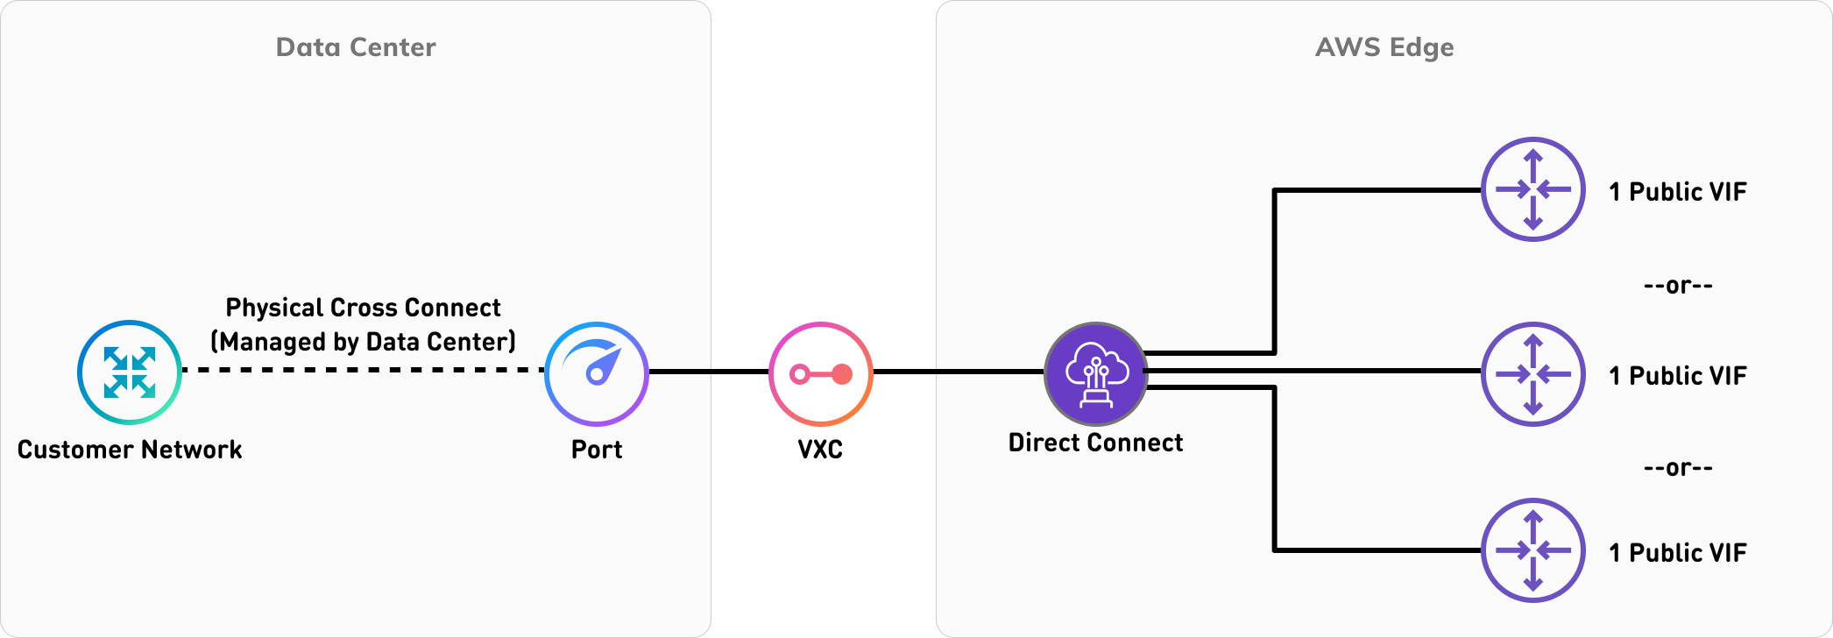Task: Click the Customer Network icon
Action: pos(130,372)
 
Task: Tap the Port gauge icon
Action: pos(597,374)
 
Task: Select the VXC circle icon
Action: pos(821,374)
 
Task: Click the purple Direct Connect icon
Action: pos(1096,374)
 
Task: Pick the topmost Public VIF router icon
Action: pos(1533,189)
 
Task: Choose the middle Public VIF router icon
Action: pos(1533,374)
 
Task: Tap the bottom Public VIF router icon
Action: pos(1533,550)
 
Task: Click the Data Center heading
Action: pos(356,47)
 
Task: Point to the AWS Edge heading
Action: pos(1384,47)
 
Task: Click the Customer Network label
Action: pos(130,450)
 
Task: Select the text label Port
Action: pos(597,450)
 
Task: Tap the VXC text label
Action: pos(820,450)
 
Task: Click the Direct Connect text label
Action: pos(1096,443)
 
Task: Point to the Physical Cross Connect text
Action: pos(363,308)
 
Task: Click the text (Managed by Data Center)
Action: pos(363,341)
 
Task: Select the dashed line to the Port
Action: pos(363,371)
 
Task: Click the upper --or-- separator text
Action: pos(1678,286)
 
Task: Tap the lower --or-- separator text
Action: pos(1678,468)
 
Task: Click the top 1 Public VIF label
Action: pos(1678,192)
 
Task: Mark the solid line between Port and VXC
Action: pos(709,372)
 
